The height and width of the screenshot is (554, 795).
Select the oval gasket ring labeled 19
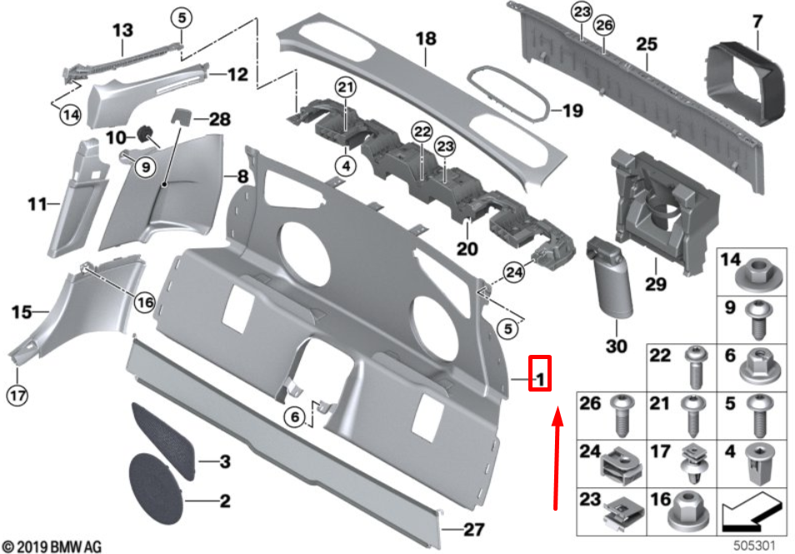point(509,92)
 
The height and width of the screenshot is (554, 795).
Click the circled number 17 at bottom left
point(18,393)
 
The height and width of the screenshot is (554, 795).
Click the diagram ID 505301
point(753,546)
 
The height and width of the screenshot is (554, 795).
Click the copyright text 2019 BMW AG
point(51,547)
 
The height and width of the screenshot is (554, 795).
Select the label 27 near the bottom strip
point(472,528)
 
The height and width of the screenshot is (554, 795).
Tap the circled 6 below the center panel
point(293,417)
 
